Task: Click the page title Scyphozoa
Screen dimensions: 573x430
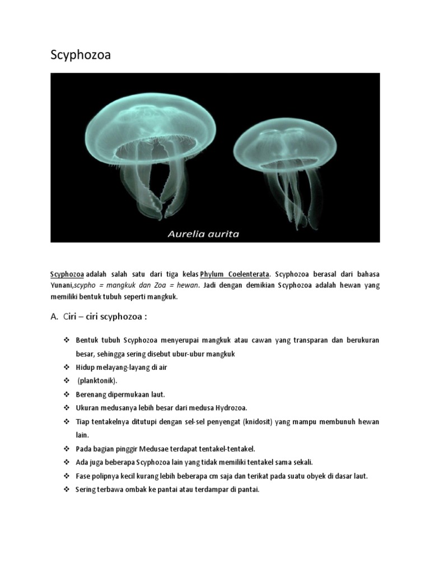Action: coord(81,55)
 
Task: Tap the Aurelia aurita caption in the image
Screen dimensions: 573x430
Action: coord(203,234)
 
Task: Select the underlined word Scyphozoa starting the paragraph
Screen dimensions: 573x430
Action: coord(67,274)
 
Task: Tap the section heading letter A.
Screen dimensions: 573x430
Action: coord(54,317)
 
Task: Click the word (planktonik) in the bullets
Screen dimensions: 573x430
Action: coord(97,381)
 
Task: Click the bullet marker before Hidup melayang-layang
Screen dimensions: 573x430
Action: coord(66,367)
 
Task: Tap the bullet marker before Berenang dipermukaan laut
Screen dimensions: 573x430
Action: coord(66,394)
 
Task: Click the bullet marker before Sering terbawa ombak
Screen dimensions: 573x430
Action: coord(66,489)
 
